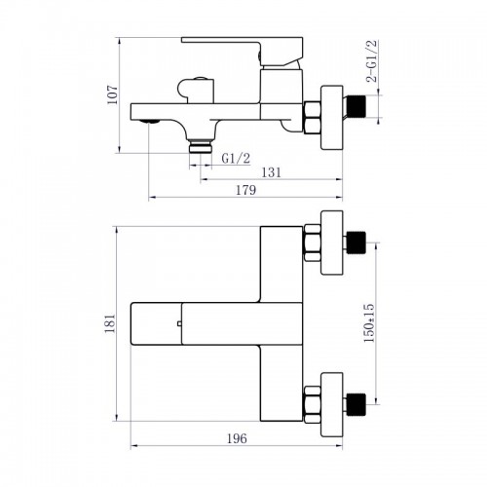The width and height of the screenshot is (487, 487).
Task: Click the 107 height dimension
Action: click(114, 94)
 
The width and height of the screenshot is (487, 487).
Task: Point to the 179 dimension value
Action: click(245, 191)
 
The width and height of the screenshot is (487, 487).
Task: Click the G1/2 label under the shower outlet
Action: click(234, 157)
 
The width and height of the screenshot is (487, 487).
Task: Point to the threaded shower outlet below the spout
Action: click(202, 144)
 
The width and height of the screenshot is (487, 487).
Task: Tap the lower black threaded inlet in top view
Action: click(359, 401)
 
